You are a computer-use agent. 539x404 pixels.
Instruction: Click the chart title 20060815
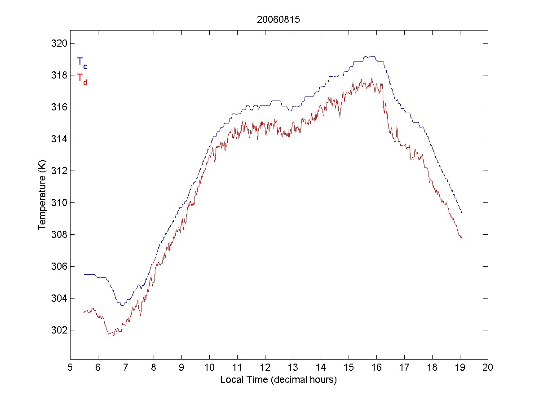[x=278, y=20]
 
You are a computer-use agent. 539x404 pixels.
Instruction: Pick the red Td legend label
[x=82, y=79]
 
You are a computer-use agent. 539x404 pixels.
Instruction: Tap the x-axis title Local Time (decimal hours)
[x=278, y=380]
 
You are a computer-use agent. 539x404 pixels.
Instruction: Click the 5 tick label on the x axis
[x=70, y=367]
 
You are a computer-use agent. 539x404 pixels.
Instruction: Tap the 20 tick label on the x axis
[x=488, y=367]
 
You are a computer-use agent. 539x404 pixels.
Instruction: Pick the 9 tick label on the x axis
[x=181, y=367]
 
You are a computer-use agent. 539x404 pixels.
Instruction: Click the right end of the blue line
[x=462, y=213]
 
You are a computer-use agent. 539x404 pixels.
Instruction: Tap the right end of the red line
[x=462, y=238]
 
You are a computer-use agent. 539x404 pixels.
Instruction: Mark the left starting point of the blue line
[x=84, y=274]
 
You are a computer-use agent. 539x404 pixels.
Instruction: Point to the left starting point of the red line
[x=84, y=312]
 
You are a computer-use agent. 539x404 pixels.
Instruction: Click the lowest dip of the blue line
[x=122, y=305]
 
